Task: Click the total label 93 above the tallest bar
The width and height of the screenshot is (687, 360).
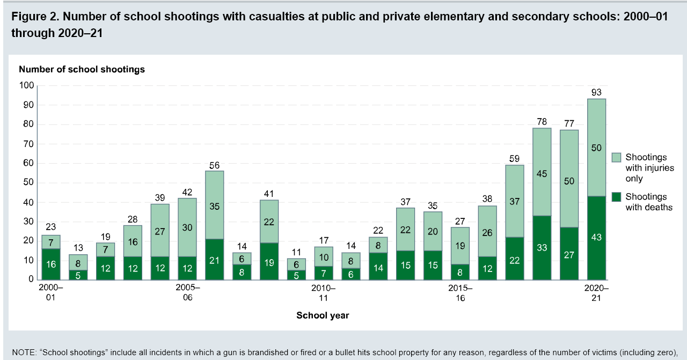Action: click(x=596, y=92)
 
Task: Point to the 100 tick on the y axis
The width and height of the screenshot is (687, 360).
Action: click(x=27, y=85)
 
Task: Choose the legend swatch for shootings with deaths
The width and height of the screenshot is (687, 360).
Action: click(x=616, y=197)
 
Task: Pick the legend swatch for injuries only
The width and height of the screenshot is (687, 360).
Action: click(x=616, y=157)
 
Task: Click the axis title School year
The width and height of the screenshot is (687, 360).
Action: click(x=323, y=315)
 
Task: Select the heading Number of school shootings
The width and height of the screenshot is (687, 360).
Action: click(x=82, y=69)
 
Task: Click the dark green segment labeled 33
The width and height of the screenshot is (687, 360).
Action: click(x=542, y=247)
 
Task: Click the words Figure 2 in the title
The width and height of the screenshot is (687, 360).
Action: click(x=34, y=17)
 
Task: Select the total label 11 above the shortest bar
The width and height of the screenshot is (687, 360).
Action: click(x=296, y=252)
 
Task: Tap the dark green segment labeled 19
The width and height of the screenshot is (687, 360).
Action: click(x=269, y=261)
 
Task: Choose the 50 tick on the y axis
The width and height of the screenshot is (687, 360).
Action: click(x=29, y=182)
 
